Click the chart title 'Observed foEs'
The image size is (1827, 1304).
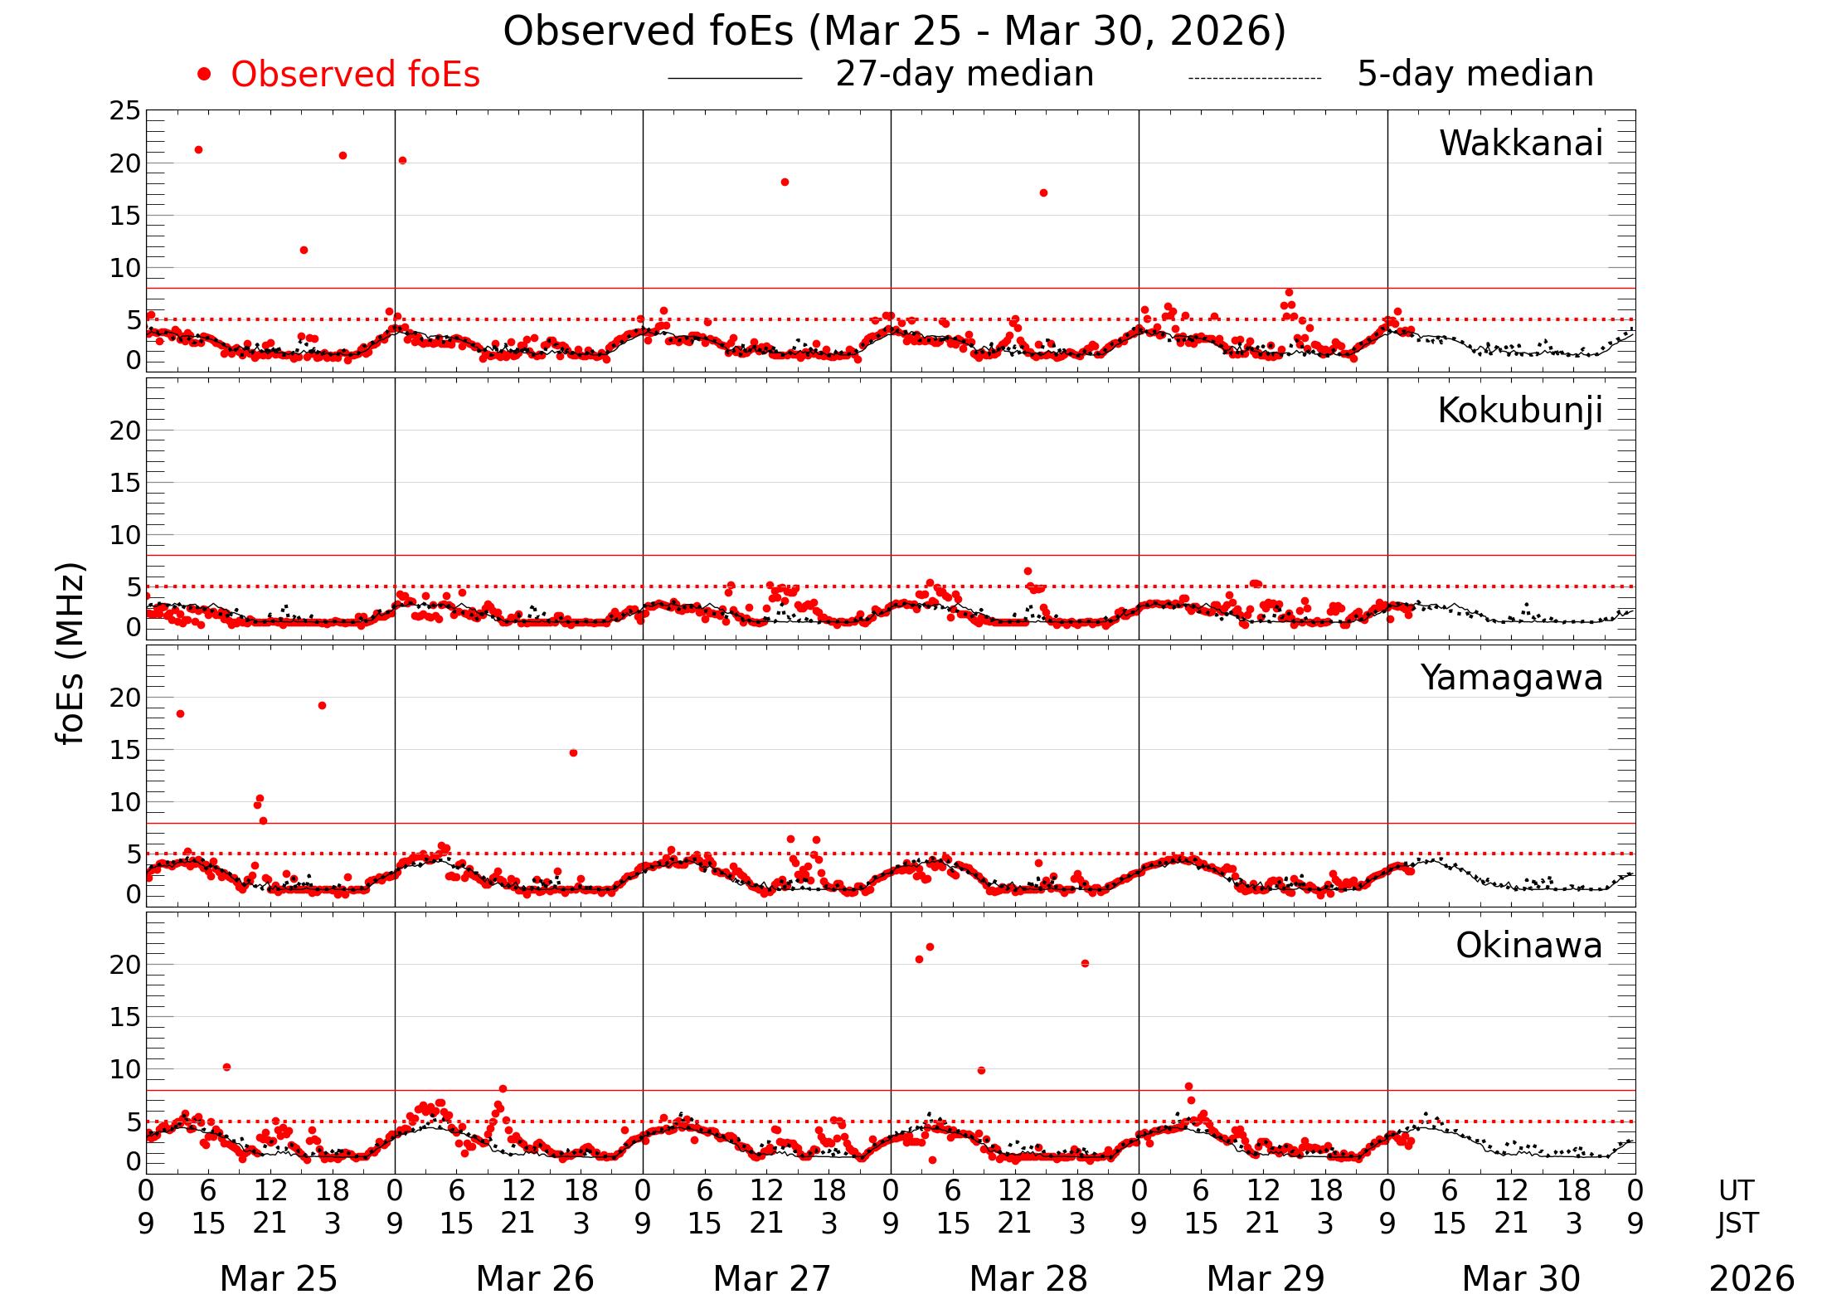894,32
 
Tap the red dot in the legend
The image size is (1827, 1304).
204,75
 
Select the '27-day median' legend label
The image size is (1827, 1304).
965,74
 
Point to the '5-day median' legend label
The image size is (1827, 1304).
1475,74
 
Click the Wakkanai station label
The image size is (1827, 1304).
1520,144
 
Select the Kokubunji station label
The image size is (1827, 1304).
1519,411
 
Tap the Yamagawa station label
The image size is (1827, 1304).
1512,678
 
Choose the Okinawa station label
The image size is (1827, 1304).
1528,946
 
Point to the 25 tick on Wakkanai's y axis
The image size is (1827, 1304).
125,111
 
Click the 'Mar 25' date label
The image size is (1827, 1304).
278,1278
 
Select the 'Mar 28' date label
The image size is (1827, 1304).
1028,1278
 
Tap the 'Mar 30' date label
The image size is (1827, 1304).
1520,1278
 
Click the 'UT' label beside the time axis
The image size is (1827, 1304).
1736,1190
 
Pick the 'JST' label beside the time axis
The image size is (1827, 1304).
1737,1223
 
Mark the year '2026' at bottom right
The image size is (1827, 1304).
1752,1278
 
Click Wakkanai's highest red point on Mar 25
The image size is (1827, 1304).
198,150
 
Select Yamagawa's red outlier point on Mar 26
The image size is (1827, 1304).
573,753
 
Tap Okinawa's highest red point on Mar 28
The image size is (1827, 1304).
930,946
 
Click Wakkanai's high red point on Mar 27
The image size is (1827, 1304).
785,182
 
